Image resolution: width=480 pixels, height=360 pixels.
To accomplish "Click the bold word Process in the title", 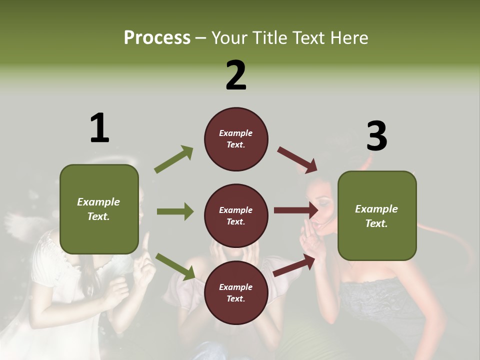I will tap(157, 37).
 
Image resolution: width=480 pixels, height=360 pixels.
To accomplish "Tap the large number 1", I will tap(99, 128).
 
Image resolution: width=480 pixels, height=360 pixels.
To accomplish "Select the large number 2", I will tap(236, 75).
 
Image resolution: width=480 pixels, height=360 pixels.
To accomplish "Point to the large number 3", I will tap(376, 136).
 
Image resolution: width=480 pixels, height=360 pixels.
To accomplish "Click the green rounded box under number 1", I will tap(99, 209).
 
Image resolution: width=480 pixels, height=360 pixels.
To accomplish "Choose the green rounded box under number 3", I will tap(376, 216).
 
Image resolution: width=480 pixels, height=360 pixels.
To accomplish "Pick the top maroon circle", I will tap(236, 139).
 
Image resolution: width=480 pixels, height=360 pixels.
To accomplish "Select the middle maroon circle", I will tap(236, 216).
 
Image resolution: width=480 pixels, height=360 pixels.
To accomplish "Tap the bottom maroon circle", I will tap(236, 293).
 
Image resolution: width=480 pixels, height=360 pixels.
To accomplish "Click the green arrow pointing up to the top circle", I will tap(174, 159).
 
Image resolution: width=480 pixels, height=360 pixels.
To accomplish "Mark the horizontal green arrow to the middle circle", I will tap(175, 211).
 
